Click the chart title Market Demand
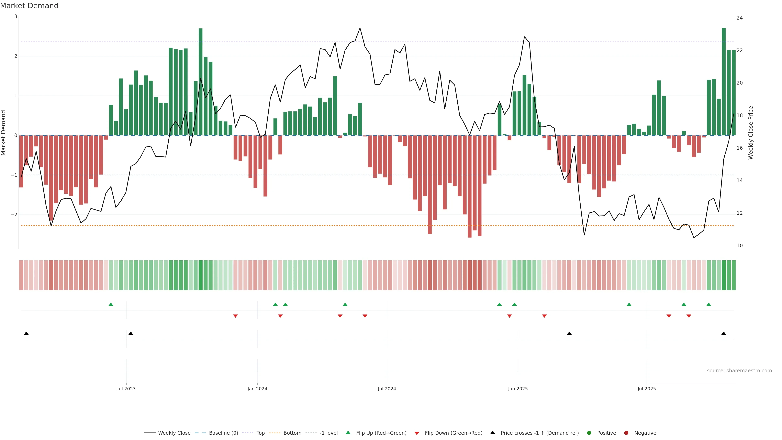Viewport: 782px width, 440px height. [x=29, y=6]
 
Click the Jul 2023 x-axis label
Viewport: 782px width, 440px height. [x=126, y=389]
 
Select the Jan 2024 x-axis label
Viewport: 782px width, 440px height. [x=257, y=389]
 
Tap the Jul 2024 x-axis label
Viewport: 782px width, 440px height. [x=387, y=389]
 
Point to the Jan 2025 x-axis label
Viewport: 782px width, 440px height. [x=518, y=389]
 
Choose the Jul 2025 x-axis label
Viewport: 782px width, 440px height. [x=646, y=389]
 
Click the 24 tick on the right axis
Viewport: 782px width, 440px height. [x=739, y=18]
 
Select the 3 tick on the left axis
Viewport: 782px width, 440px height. [x=16, y=16]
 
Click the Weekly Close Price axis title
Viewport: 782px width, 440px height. [x=751, y=133]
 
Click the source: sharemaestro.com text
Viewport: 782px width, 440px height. [x=739, y=371]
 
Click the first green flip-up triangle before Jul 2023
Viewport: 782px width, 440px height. [x=111, y=304]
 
